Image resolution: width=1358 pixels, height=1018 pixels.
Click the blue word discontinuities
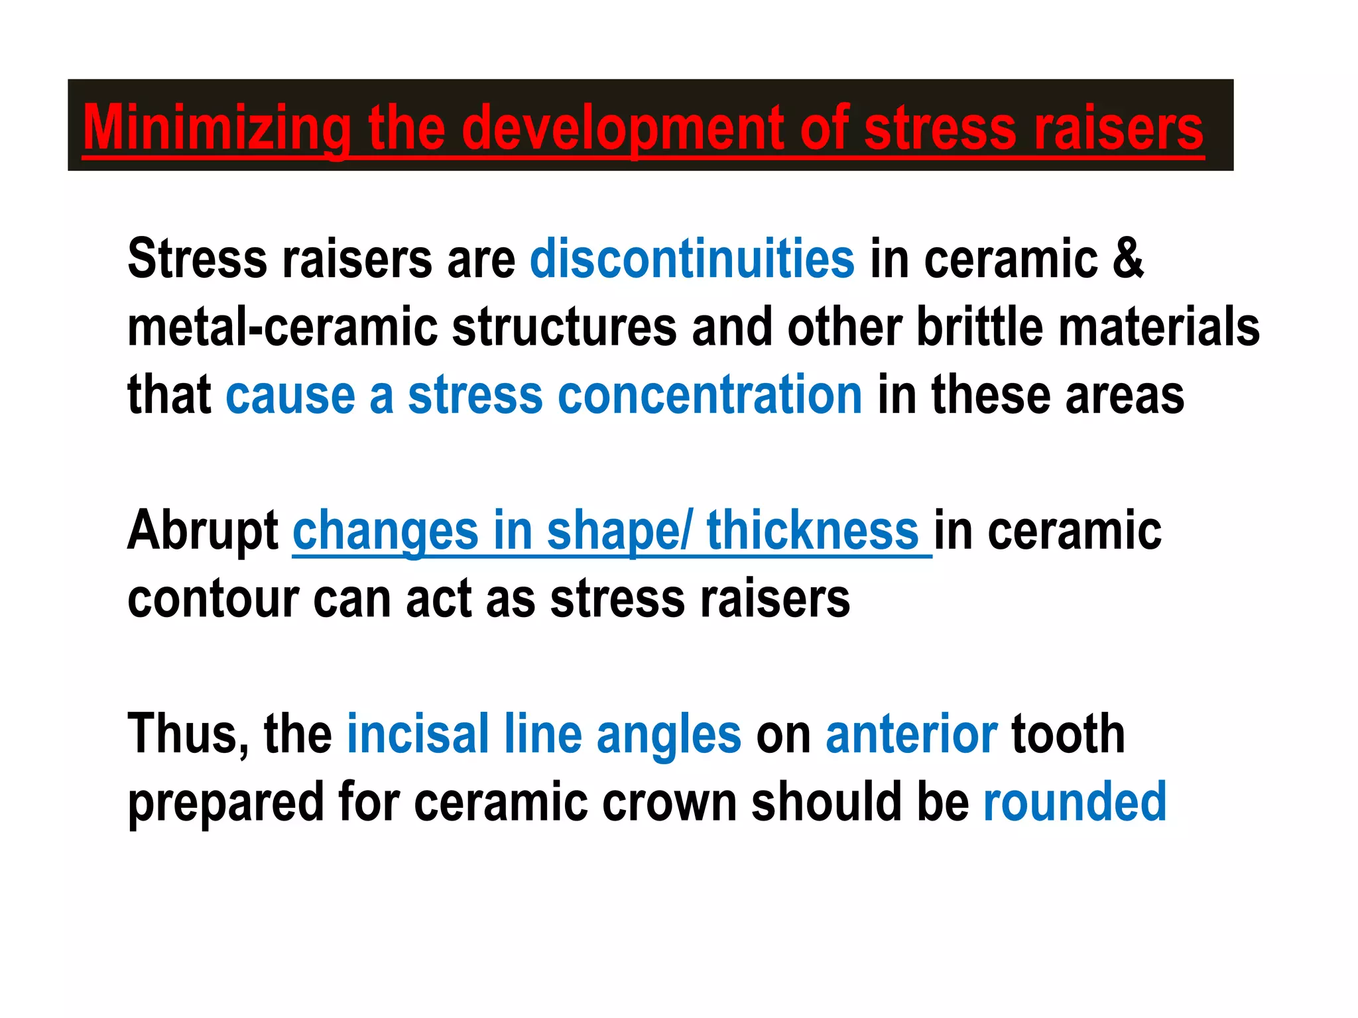pos(692,259)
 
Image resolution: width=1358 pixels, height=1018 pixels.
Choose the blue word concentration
pos(710,395)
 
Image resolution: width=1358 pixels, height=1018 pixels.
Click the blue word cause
pos(290,395)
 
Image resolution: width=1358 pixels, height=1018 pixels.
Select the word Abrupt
pos(203,531)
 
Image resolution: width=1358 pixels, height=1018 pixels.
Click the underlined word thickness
pos(812,531)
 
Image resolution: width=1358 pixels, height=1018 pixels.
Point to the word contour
pos(212,599)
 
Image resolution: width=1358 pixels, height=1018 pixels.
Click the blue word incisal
pos(418,734)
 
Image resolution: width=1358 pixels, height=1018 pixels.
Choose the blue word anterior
pos(911,734)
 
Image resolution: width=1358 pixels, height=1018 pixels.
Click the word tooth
pos(1068,734)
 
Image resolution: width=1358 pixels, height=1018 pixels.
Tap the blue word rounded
pos(1074,803)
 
